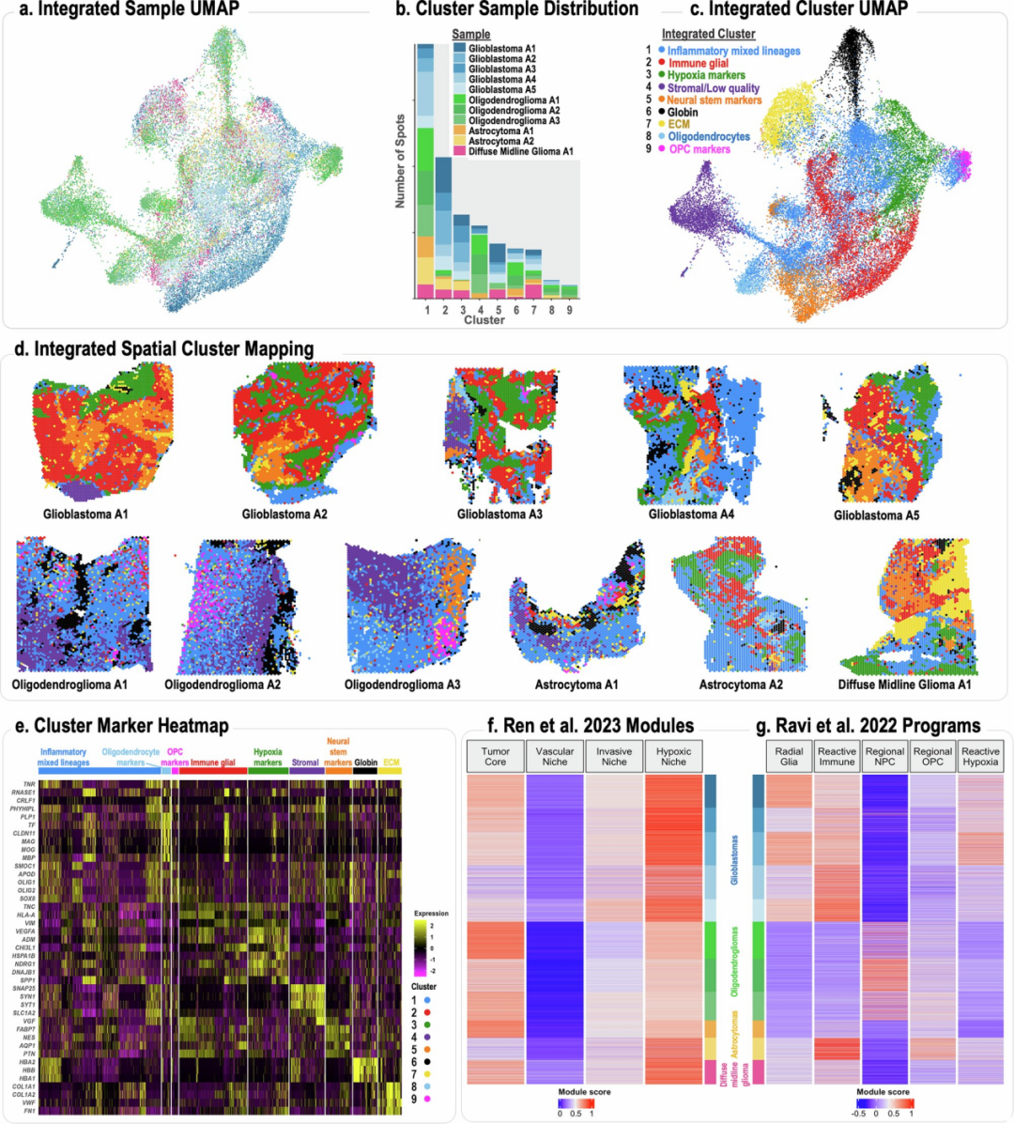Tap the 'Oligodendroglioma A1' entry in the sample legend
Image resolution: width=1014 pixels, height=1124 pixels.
pyautogui.click(x=514, y=100)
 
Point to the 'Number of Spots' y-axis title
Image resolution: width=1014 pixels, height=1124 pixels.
pyautogui.click(x=401, y=162)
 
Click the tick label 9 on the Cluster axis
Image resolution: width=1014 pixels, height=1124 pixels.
pyautogui.click(x=570, y=310)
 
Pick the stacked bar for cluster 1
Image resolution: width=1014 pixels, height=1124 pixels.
pyautogui.click(x=425, y=171)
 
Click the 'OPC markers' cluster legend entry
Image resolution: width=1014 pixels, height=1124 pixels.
pyautogui.click(x=699, y=149)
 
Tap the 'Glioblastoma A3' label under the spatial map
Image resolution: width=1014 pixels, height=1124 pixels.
pyautogui.click(x=499, y=515)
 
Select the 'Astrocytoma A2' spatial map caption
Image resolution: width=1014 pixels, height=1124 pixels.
pyautogui.click(x=741, y=685)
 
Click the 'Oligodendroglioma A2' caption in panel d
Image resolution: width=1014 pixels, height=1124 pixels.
pyautogui.click(x=223, y=685)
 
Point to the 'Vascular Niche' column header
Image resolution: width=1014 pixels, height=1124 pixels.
pyautogui.click(x=555, y=757)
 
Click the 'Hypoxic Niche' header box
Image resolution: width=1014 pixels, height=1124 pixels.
pyautogui.click(x=673, y=757)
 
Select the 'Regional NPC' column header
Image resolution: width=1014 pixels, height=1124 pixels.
pyautogui.click(x=884, y=757)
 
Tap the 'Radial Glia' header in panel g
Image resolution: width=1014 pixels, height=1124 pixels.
pyautogui.click(x=789, y=757)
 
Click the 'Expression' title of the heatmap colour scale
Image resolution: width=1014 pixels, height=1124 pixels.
pyautogui.click(x=431, y=914)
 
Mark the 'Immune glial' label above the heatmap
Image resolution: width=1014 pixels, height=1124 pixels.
pyautogui.click(x=213, y=762)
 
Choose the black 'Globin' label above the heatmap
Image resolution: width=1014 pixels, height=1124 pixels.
pyautogui.click(x=365, y=762)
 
